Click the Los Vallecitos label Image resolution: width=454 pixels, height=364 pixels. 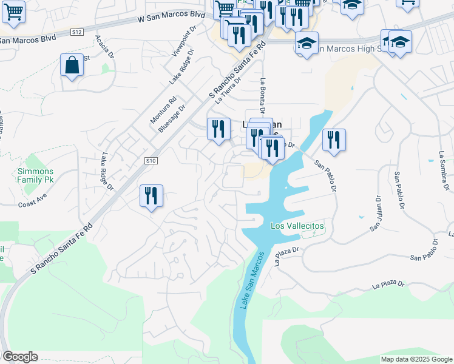pyautogui.click(x=297, y=226)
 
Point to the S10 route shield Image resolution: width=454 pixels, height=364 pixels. pyautogui.click(x=151, y=161)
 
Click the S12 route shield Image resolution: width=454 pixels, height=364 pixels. pyautogui.click(x=76, y=31)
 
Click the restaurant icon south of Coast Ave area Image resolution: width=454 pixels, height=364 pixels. pyautogui.click(x=151, y=196)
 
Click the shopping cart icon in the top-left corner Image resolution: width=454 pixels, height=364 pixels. pyautogui.click(x=13, y=11)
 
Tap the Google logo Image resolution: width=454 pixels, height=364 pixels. pyautogui.click(x=20, y=357)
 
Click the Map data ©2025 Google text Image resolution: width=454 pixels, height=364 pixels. pyautogui.click(x=416, y=359)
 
